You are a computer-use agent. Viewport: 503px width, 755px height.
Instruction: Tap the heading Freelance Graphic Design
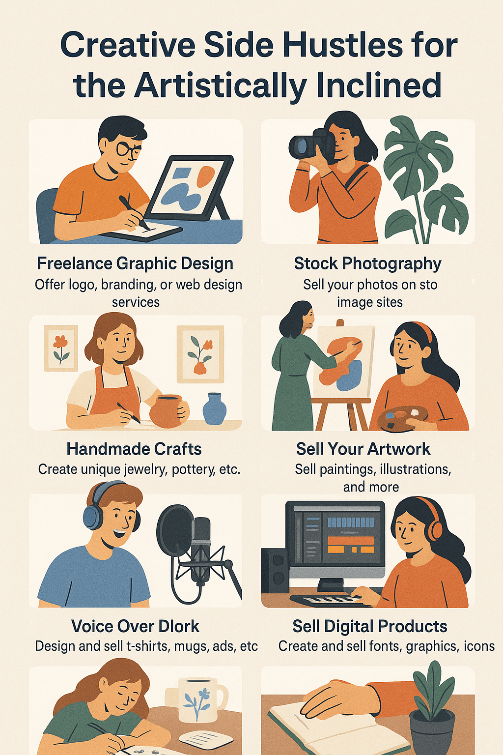click(135, 263)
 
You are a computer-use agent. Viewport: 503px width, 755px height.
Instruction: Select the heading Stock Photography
click(367, 263)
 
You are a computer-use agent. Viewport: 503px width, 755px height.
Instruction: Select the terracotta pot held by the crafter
click(168, 411)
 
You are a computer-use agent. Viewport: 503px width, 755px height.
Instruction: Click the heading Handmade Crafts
click(134, 449)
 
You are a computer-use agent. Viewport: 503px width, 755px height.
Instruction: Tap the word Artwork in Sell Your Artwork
click(399, 449)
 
